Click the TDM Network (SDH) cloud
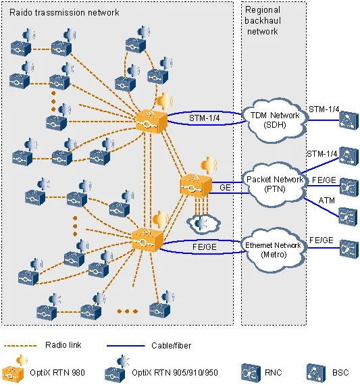point(274,120)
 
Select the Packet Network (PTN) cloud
point(274,184)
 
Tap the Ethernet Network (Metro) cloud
point(274,250)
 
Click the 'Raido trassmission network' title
point(64,12)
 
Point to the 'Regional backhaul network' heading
point(263,21)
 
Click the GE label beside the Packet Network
point(225,188)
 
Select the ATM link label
point(327,201)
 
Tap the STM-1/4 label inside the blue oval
point(204,118)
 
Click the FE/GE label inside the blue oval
point(204,247)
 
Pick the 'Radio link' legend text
point(63,345)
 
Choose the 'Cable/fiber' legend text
point(171,345)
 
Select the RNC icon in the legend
point(251,373)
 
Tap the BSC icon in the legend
point(316,373)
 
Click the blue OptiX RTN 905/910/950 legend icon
point(116,369)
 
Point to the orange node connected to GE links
point(196,185)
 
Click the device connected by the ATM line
point(348,217)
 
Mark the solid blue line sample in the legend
point(126,346)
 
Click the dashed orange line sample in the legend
point(20,346)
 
